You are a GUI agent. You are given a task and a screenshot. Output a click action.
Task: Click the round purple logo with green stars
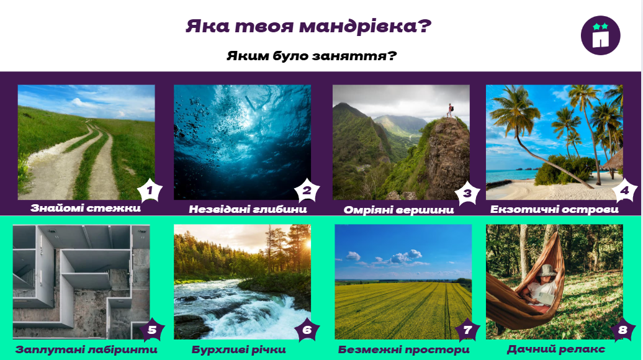tap(600, 35)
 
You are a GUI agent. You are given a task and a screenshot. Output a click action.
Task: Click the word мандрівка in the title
tap(359, 27)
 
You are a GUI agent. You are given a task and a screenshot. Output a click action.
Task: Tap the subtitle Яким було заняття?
tap(312, 56)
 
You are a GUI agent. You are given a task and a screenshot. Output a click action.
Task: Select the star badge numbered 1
tap(150, 191)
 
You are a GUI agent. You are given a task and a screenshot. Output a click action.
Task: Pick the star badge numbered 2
tap(307, 191)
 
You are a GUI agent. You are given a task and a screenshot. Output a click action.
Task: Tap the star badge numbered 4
tap(624, 191)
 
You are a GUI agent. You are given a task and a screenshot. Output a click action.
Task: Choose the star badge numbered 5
tap(152, 330)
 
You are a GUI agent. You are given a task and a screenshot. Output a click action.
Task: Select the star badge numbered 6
tap(307, 330)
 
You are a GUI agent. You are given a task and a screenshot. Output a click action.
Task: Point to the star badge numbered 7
tap(467, 330)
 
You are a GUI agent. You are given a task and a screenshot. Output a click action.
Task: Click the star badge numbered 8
tap(623, 330)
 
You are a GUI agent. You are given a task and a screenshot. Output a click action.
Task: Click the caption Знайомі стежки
tap(85, 208)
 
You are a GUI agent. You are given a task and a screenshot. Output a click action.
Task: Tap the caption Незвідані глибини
tap(248, 209)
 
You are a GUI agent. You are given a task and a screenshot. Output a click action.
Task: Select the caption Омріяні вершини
tap(398, 210)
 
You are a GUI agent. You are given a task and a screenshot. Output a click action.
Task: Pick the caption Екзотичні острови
tap(554, 210)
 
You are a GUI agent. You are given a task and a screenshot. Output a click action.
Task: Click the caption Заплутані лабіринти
tap(86, 349)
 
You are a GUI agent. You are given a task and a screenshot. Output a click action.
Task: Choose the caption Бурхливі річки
tap(239, 349)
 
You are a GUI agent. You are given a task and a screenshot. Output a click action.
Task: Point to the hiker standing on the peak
tap(450, 110)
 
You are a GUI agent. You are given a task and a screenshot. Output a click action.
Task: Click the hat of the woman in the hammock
tap(548, 271)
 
